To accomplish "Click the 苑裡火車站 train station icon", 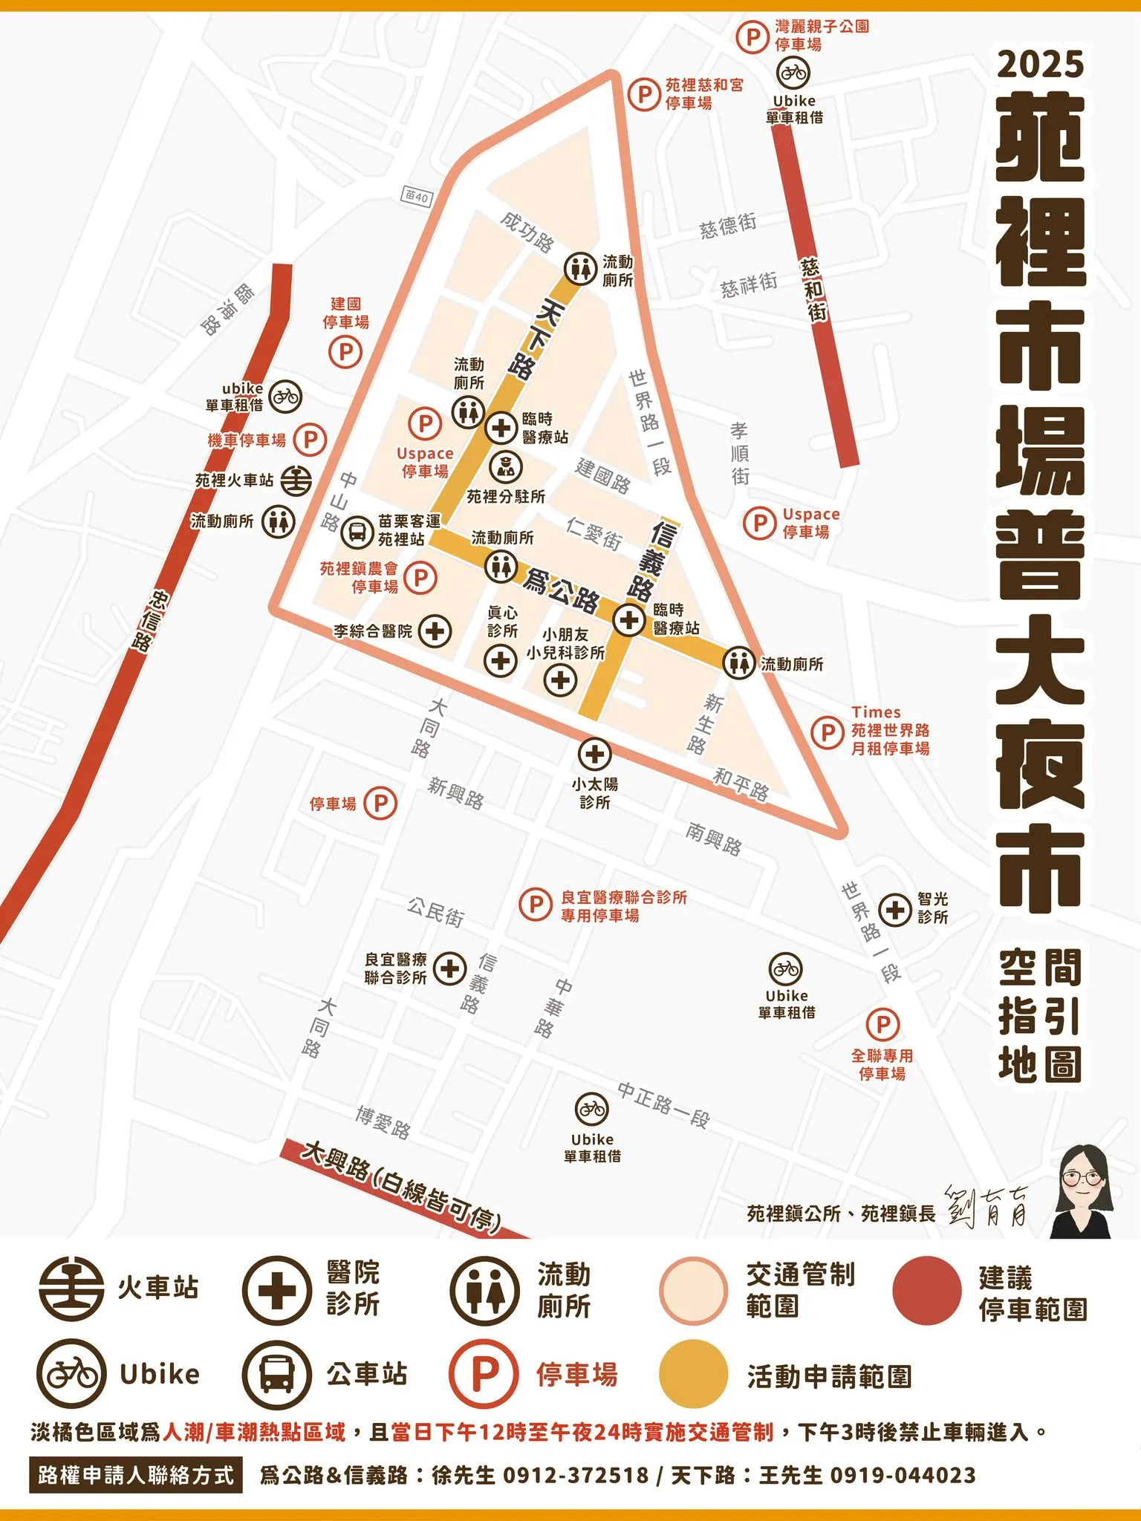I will pyautogui.click(x=296, y=480).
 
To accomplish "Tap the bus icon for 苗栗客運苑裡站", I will pyautogui.click(x=357, y=531).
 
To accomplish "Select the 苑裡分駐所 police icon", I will pyautogui.click(x=506, y=466).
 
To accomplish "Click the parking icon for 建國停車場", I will pyautogui.click(x=345, y=351).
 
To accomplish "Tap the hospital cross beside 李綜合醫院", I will pyautogui.click(x=435, y=631).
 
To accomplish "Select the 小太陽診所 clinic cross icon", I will pyautogui.click(x=594, y=755).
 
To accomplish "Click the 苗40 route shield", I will pyautogui.click(x=417, y=197).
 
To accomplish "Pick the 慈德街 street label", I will pyautogui.click(x=728, y=224).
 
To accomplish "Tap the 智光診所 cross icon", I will pyautogui.click(x=895, y=909).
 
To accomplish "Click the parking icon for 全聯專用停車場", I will pyautogui.click(x=882, y=1025).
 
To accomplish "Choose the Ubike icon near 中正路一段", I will pyautogui.click(x=592, y=1110).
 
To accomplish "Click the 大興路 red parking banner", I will pyautogui.click(x=401, y=1186).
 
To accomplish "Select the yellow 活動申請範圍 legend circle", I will pyautogui.click(x=693, y=1374).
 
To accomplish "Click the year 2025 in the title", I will pyautogui.click(x=1040, y=65).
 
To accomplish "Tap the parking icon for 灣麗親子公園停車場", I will pyautogui.click(x=753, y=36).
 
